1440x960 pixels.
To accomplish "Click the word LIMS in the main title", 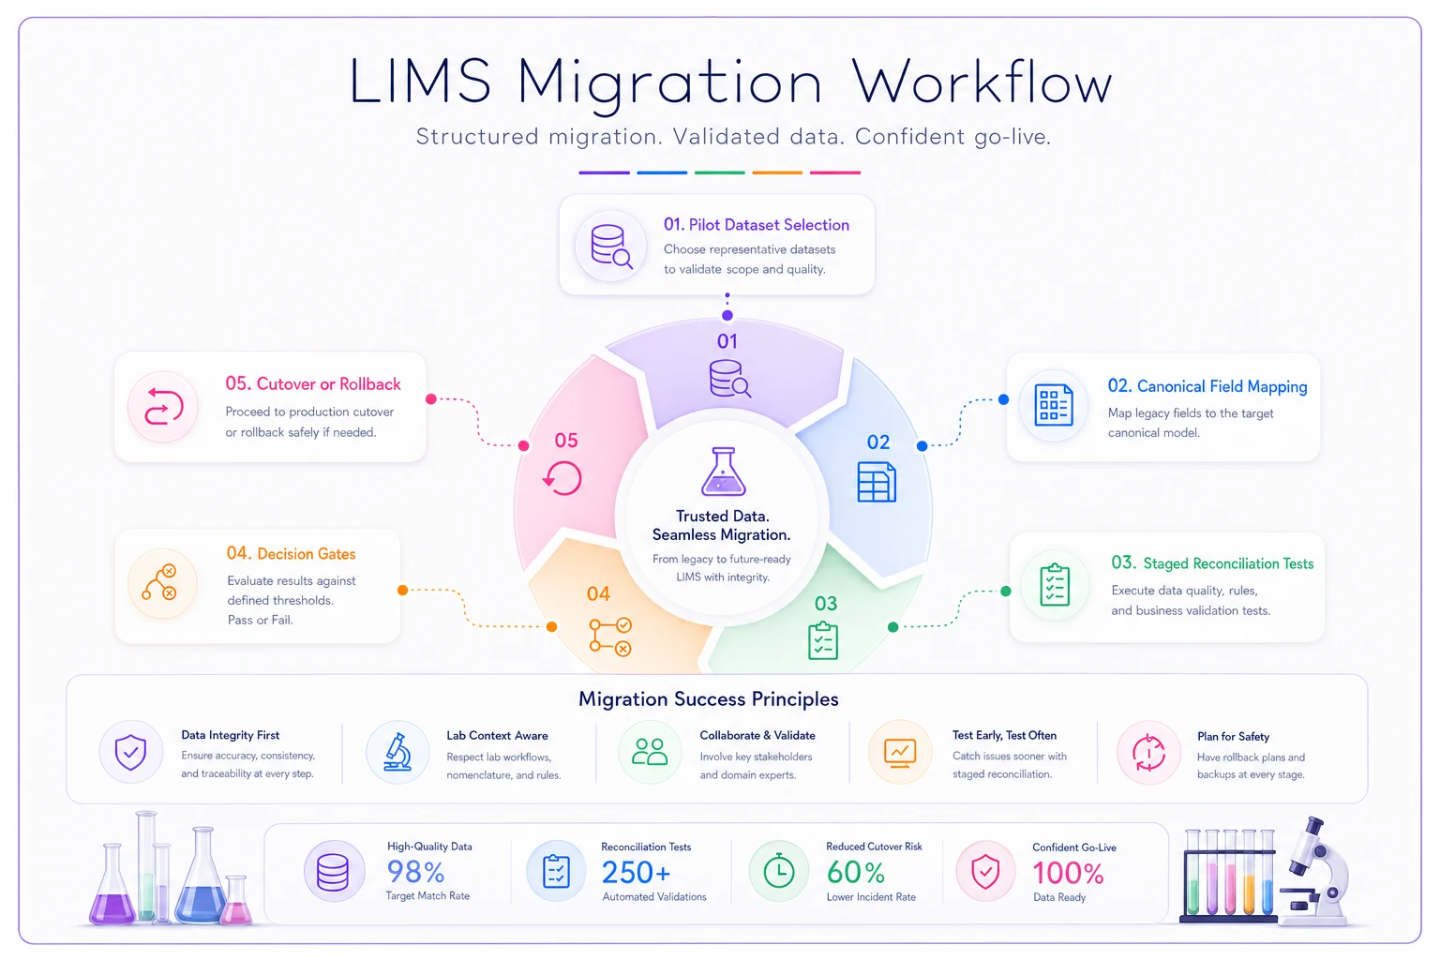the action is tap(420, 81).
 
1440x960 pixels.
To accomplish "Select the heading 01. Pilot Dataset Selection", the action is tap(756, 224).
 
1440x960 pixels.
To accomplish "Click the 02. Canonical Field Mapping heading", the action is tap(1207, 386).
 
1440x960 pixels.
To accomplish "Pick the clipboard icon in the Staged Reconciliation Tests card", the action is tap(1055, 584).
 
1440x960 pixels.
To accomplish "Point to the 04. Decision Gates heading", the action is tap(291, 554).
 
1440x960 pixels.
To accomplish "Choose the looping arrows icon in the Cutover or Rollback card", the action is tap(164, 406).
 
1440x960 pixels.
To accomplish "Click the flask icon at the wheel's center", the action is tap(723, 472).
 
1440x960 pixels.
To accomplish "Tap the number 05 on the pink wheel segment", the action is tap(566, 441).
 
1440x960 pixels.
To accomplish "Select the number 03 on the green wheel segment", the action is tap(826, 604).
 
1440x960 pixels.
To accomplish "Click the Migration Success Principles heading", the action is tap(709, 699).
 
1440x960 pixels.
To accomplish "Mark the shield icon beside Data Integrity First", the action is tap(130, 752).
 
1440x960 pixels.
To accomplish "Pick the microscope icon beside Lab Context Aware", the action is tap(397, 752).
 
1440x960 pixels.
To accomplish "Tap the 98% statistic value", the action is tap(415, 873).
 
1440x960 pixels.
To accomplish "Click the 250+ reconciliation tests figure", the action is tap(636, 873).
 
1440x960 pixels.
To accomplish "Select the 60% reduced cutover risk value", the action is tap(856, 873).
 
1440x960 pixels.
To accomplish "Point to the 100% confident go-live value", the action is tap(1068, 873).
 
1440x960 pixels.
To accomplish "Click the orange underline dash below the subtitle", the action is tap(777, 172).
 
